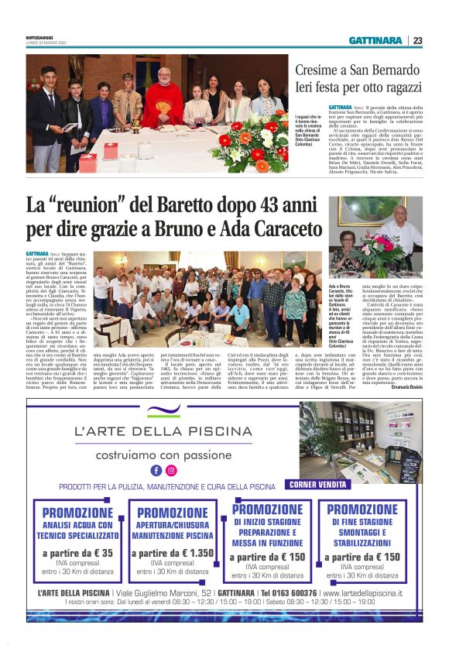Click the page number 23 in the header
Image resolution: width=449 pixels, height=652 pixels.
tap(417, 40)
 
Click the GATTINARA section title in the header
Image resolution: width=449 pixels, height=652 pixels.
tap(375, 40)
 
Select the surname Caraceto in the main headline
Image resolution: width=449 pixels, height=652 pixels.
tap(277, 230)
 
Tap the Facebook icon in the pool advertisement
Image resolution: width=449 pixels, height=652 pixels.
tap(156, 469)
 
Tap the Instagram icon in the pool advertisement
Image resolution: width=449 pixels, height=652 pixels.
tap(171, 469)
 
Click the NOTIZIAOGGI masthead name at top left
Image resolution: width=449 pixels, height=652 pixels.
tap(39, 37)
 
